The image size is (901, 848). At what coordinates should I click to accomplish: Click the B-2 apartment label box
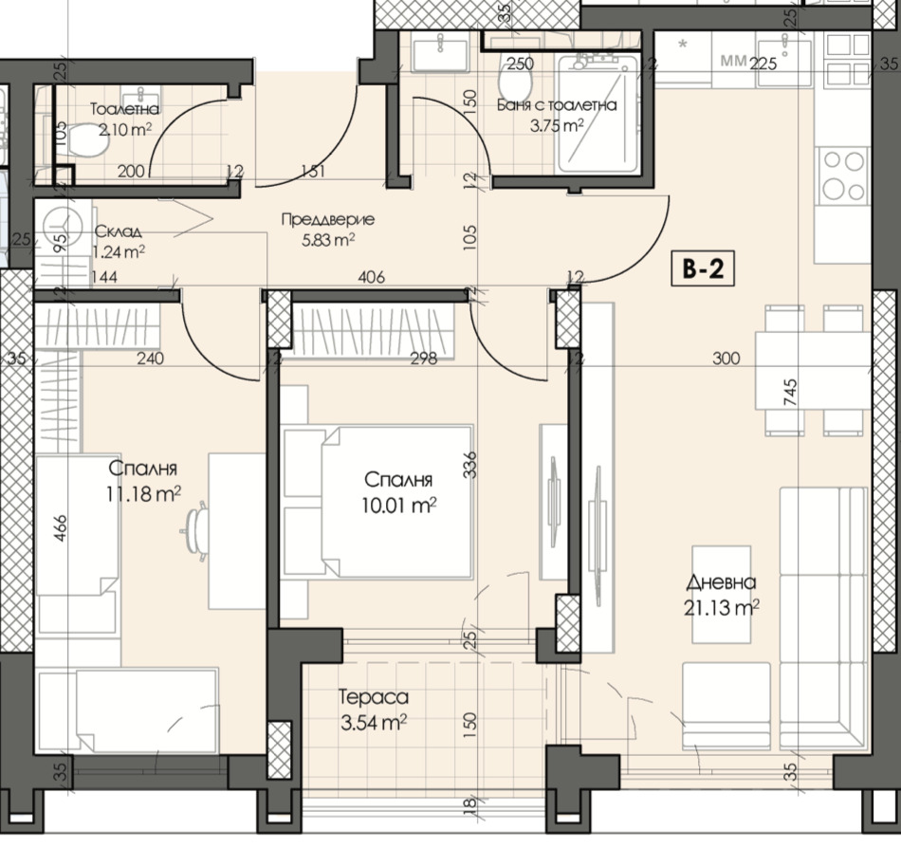click(702, 268)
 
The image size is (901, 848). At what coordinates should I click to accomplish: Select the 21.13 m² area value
click(721, 607)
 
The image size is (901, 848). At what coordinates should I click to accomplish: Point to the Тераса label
click(374, 697)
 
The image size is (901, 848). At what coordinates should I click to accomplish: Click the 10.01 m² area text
click(398, 506)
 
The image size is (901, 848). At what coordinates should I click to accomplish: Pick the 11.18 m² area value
click(143, 493)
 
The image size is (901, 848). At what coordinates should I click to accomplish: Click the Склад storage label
click(118, 231)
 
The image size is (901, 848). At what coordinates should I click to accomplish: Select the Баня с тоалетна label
click(556, 105)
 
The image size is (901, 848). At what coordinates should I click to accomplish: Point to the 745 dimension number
click(790, 393)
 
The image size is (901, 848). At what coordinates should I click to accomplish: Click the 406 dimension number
click(371, 278)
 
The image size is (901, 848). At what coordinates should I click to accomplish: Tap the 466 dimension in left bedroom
click(61, 528)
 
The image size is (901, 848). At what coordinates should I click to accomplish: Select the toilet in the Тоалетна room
click(86, 140)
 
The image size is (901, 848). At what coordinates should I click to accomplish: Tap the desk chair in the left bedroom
click(195, 527)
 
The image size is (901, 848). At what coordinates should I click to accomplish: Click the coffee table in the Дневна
click(721, 594)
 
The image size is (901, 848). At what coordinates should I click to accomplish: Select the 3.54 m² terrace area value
click(374, 722)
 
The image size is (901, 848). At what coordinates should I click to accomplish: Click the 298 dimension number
click(424, 359)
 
